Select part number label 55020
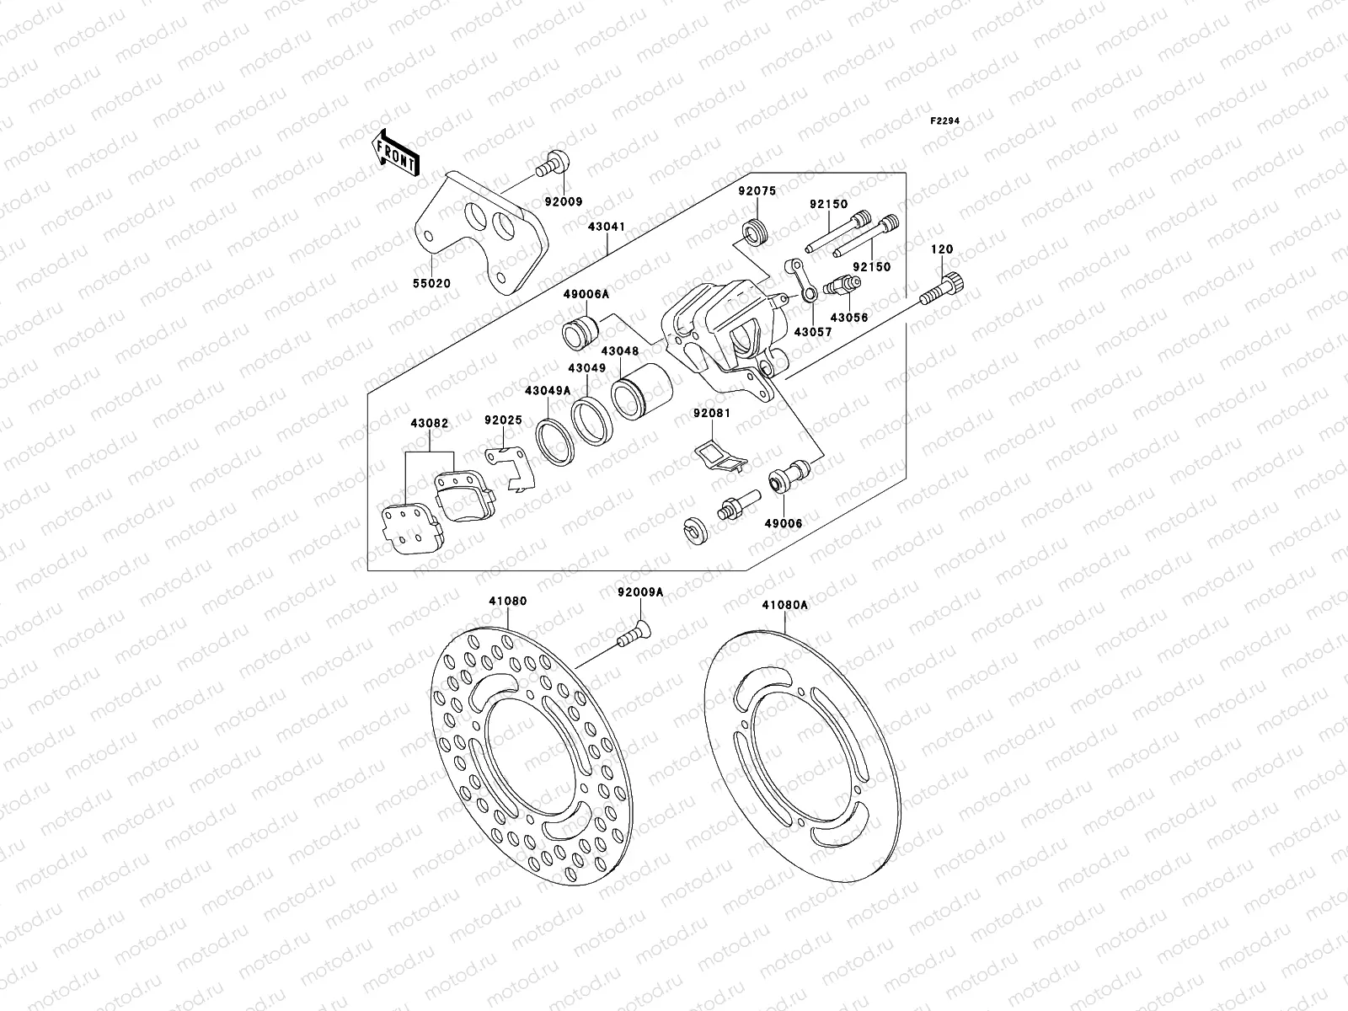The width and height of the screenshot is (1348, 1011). click(432, 284)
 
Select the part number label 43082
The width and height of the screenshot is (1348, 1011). click(429, 425)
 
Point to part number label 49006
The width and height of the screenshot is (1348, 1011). click(783, 523)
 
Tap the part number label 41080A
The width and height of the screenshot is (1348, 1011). click(784, 605)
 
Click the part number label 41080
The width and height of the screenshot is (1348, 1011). click(507, 602)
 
